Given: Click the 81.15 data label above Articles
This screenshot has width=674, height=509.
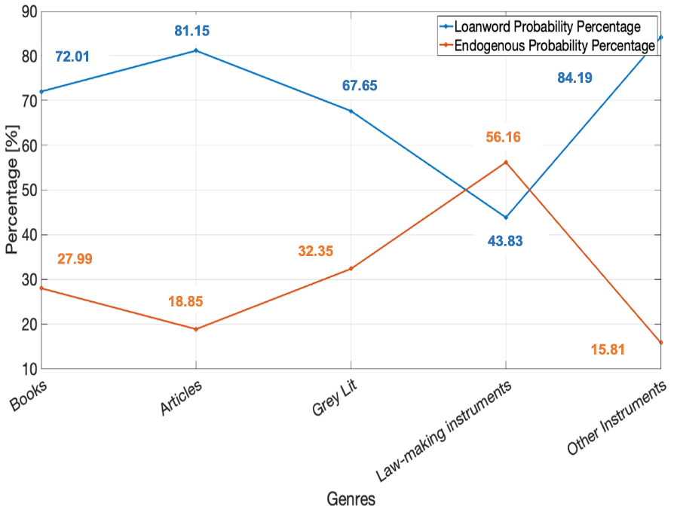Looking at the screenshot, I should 191,32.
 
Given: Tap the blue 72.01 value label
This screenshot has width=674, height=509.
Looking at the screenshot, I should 72,57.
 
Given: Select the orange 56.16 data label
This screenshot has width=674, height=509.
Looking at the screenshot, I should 503,137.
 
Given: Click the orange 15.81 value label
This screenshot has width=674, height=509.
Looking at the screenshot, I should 608,349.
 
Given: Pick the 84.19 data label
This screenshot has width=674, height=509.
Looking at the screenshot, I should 575,77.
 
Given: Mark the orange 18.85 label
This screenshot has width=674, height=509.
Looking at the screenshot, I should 185,301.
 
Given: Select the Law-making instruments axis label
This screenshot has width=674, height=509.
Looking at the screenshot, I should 445,428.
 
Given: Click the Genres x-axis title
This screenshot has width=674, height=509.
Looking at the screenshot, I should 351,498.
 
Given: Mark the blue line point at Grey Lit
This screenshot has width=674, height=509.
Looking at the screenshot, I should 351,111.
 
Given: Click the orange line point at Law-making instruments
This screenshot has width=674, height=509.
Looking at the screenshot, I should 506,162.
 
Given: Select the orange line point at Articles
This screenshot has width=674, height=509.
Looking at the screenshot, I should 196,329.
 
